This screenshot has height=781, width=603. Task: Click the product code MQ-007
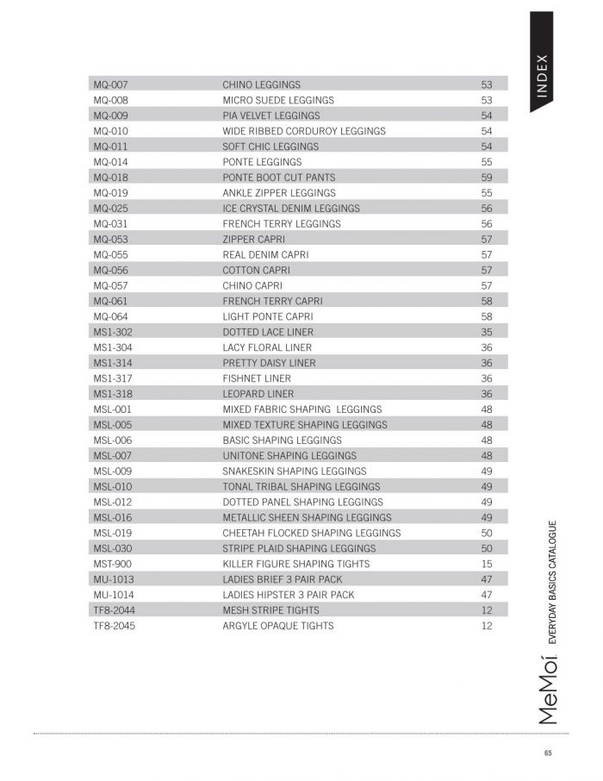(x=110, y=85)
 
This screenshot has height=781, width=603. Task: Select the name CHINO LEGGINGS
(x=261, y=85)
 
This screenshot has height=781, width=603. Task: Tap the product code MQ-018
(x=110, y=178)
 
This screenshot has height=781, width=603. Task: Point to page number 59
(x=487, y=178)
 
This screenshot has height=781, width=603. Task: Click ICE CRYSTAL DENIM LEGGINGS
(x=291, y=209)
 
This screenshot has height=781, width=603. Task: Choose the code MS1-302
(x=113, y=332)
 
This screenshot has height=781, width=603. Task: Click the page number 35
(x=487, y=332)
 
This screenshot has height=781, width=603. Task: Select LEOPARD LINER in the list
(x=258, y=394)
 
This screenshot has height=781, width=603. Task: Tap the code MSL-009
(x=112, y=472)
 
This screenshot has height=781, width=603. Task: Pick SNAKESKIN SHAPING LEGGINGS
(x=294, y=472)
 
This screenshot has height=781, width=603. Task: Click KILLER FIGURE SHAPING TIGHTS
(x=295, y=564)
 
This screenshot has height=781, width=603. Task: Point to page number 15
(x=487, y=564)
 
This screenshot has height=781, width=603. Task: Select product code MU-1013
(x=114, y=579)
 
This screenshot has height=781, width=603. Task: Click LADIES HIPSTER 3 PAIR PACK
(x=288, y=595)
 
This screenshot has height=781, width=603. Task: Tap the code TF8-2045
(x=114, y=626)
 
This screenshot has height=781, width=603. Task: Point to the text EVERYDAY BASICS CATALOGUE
(x=553, y=583)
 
